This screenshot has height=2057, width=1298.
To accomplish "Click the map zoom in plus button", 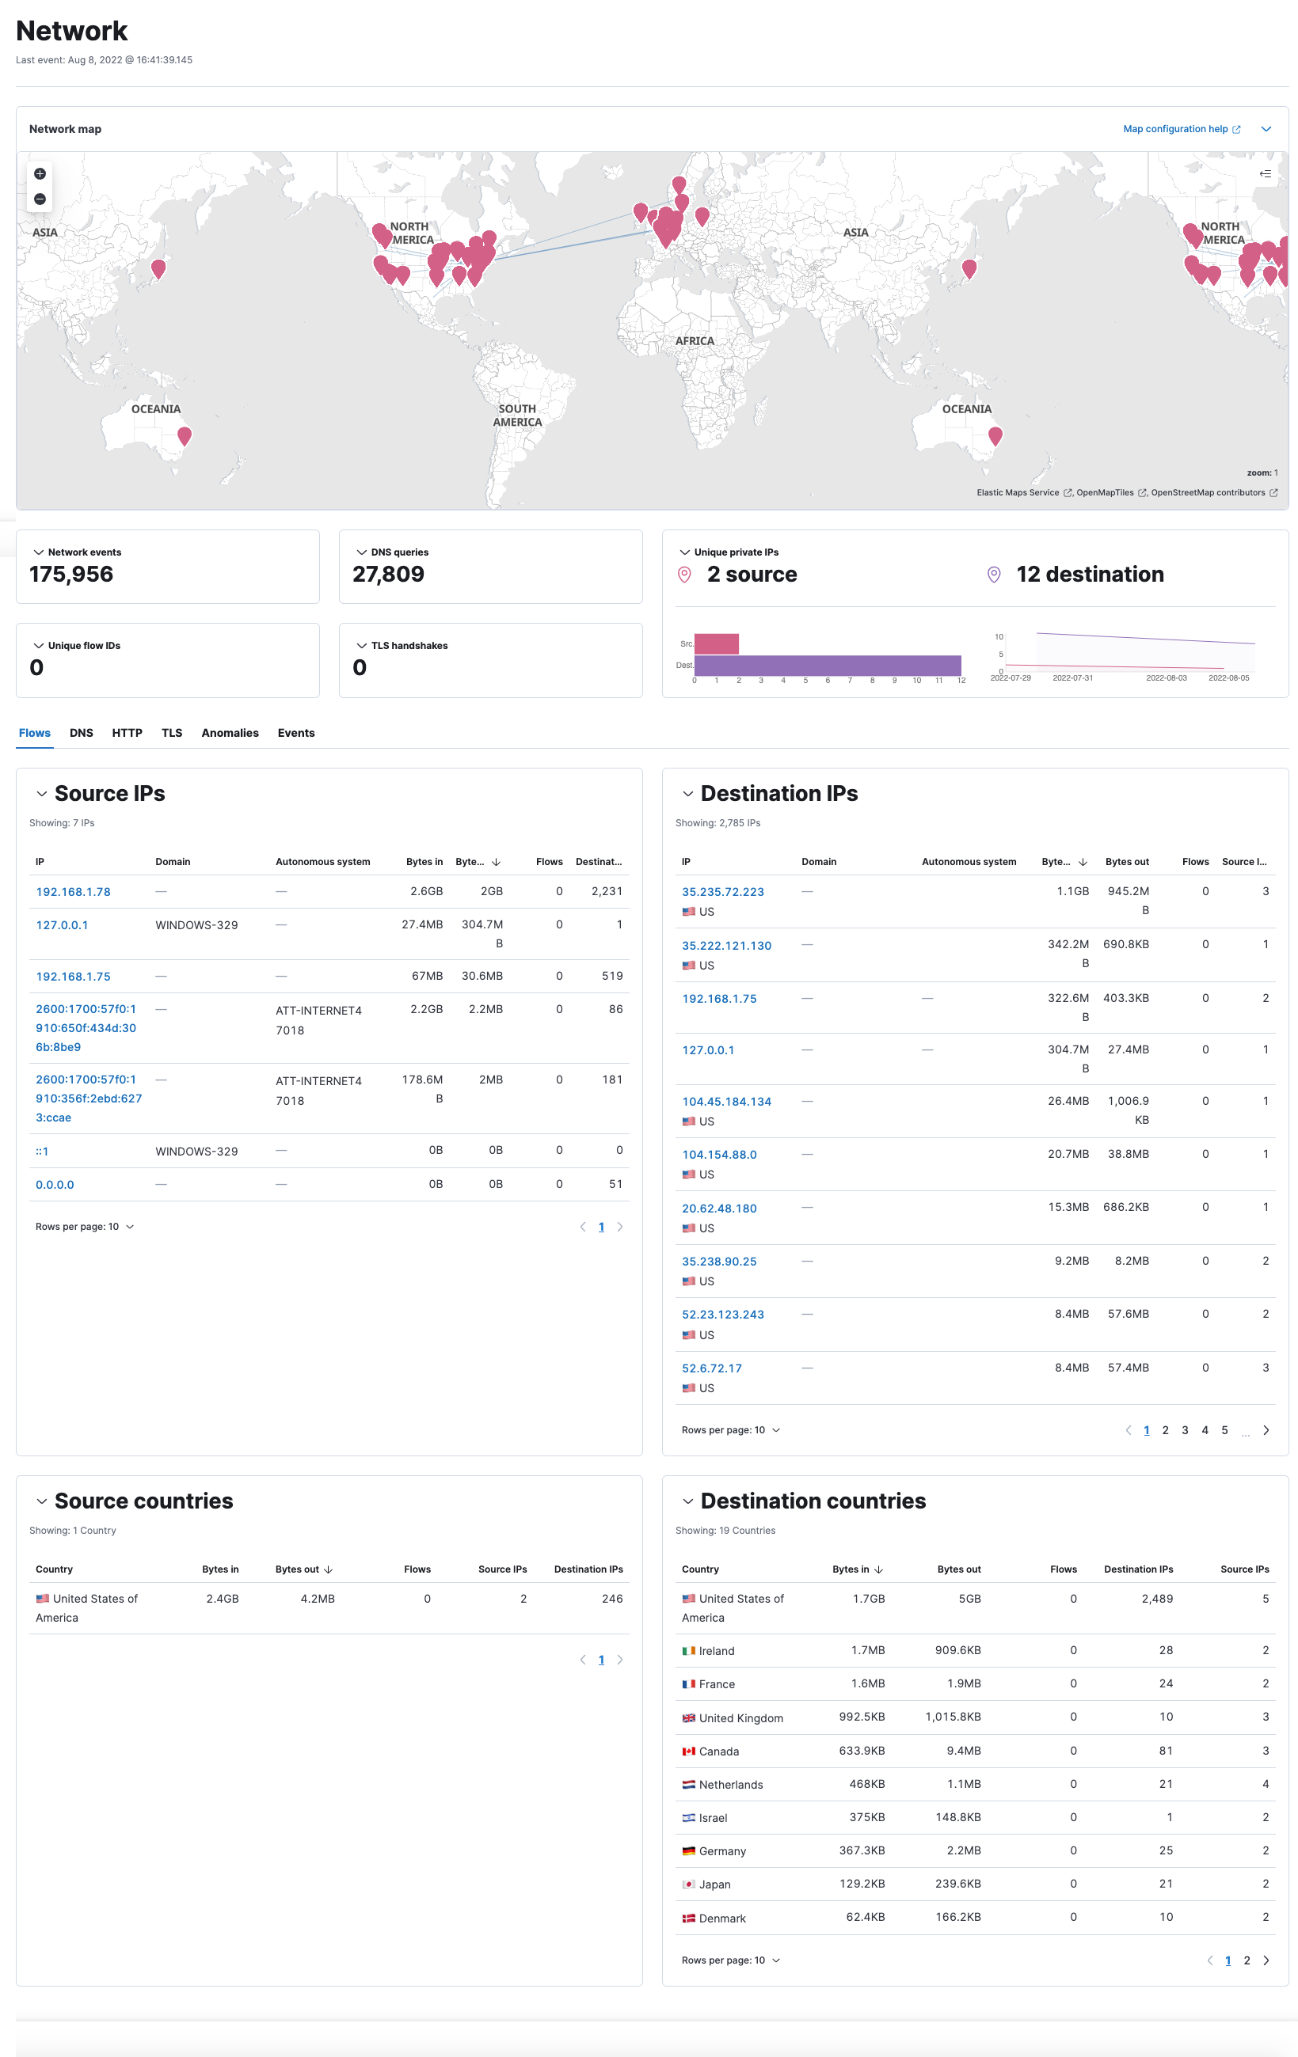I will coord(40,174).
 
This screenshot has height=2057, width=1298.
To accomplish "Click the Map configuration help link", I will coord(1175,129).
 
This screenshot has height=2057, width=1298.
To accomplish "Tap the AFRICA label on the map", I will coord(694,341).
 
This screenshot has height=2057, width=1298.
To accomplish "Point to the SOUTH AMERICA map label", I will coord(517,416).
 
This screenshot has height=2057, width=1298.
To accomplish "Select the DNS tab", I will coord(82,733).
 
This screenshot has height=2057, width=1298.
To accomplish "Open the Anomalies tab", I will coord(230,733).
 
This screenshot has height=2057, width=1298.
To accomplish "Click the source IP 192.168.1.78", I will coord(73,892).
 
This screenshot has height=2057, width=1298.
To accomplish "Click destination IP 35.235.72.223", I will coord(722,892).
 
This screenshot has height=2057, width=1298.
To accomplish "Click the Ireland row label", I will coord(716,1651).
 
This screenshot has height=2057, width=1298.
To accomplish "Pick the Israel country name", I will coord(713,1818).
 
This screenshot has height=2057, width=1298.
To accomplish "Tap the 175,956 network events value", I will coord(71,574).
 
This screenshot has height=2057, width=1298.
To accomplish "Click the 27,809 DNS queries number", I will coord(388,574).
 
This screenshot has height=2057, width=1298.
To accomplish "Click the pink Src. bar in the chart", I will coord(716,643).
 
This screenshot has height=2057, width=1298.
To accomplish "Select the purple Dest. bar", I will coord(826,666).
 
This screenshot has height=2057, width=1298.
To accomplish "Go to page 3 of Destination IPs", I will coord(1184,1430).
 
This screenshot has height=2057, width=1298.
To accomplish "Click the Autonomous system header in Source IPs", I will coord(322,862).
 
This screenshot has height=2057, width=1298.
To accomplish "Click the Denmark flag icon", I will coord(688,1918).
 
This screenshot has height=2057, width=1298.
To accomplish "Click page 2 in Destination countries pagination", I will coord(1246,1960).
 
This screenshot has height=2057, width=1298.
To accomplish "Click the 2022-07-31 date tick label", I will coord(1072,678).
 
